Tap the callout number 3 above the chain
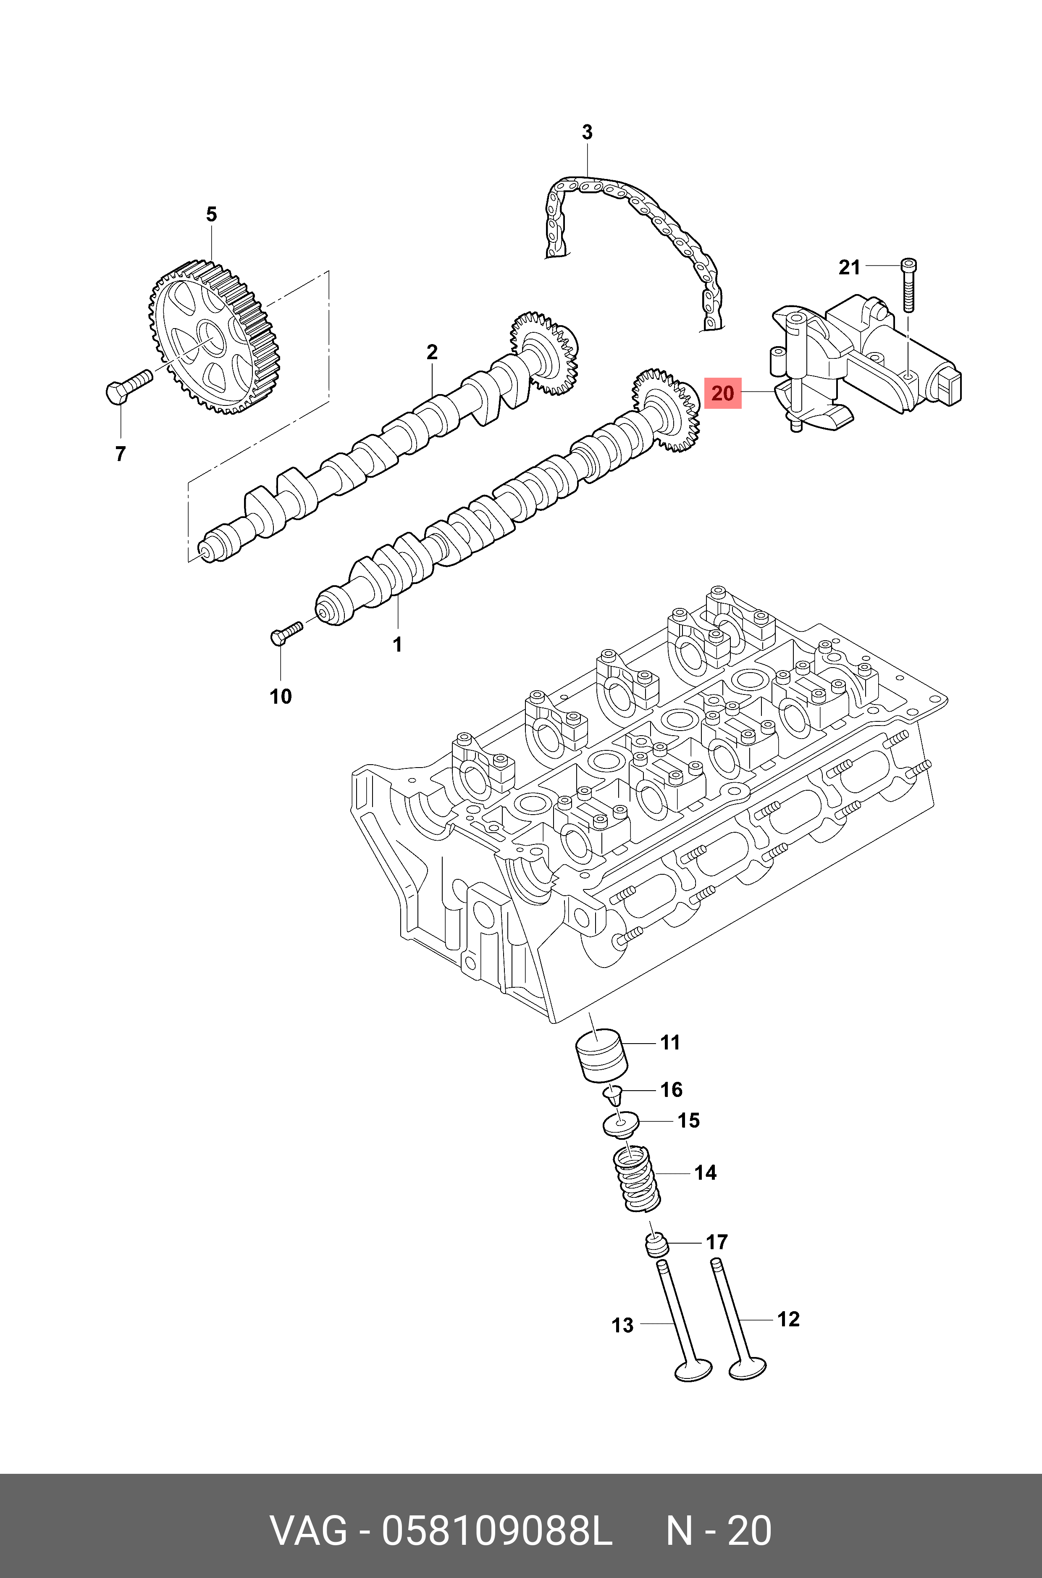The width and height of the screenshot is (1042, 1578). [587, 132]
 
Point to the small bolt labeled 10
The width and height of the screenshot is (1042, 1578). [284, 631]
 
